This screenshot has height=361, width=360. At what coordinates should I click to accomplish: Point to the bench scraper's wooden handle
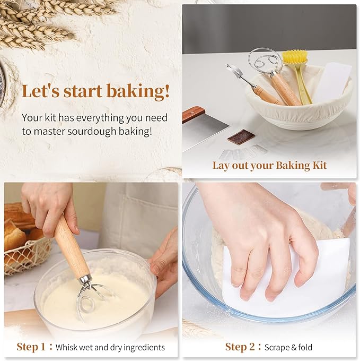194,113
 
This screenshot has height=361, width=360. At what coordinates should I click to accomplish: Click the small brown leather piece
241,136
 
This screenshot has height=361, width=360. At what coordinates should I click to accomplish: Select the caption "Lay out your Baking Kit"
269,165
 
